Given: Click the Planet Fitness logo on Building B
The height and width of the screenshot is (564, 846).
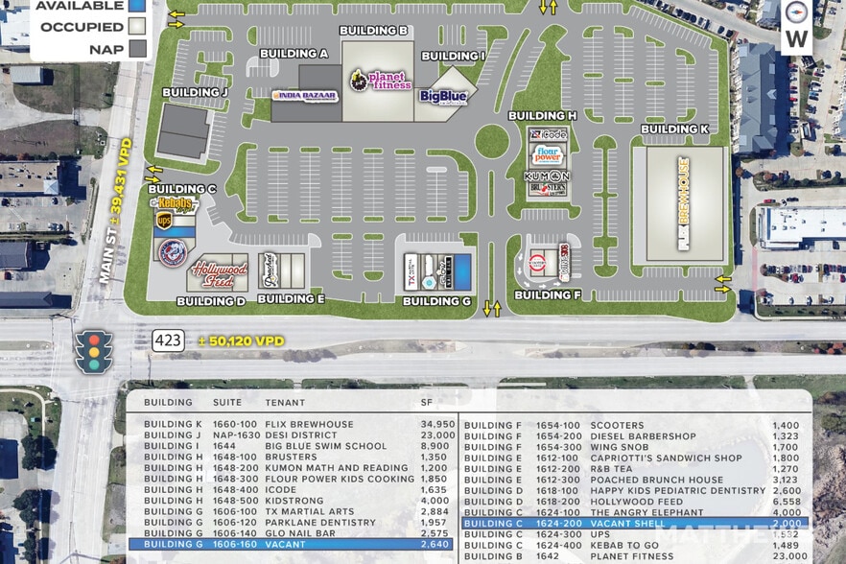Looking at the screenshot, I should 379,80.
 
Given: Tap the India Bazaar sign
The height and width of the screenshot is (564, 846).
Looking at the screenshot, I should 304,95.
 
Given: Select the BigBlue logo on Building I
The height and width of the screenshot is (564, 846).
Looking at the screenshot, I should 442,96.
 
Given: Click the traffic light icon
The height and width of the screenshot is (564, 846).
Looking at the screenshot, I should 94,350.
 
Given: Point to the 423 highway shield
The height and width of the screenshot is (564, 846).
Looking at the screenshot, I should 166,340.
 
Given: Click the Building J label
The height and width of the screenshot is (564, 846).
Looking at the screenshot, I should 195,92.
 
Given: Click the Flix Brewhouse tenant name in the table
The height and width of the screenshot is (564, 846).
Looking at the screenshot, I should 309,424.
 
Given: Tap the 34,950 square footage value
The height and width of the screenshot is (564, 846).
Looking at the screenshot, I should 437,424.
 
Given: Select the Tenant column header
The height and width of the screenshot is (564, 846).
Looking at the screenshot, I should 285,402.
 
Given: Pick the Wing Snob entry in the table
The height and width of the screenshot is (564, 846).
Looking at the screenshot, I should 619,447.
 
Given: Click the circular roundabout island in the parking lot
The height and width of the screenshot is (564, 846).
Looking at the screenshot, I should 491,141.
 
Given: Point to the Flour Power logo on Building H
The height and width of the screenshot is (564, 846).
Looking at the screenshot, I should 547,154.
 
